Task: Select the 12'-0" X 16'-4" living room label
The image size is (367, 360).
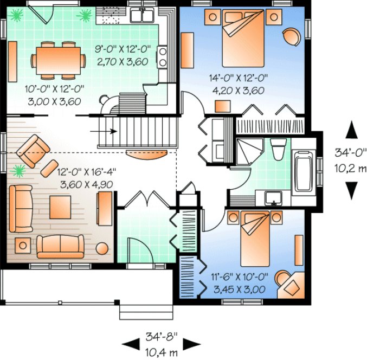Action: (x=87, y=178)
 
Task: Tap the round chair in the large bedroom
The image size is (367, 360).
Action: (x=292, y=36)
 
